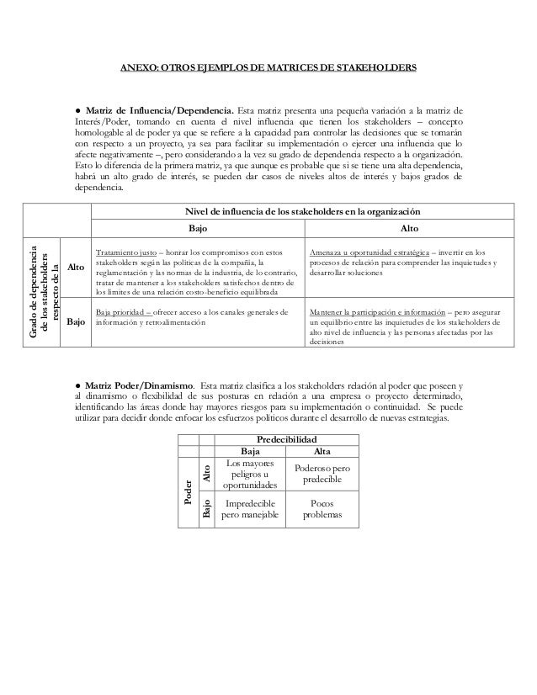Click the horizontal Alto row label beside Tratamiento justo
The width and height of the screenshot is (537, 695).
click(x=76, y=268)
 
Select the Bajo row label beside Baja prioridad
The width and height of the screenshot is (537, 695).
click(x=76, y=322)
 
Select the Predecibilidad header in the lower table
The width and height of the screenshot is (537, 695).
click(x=286, y=439)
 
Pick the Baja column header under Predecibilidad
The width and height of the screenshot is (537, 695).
click(x=250, y=451)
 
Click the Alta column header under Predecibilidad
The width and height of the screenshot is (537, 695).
click(x=322, y=451)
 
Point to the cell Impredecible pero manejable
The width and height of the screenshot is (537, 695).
click(x=250, y=509)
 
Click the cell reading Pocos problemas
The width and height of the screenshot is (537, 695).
click(x=322, y=509)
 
